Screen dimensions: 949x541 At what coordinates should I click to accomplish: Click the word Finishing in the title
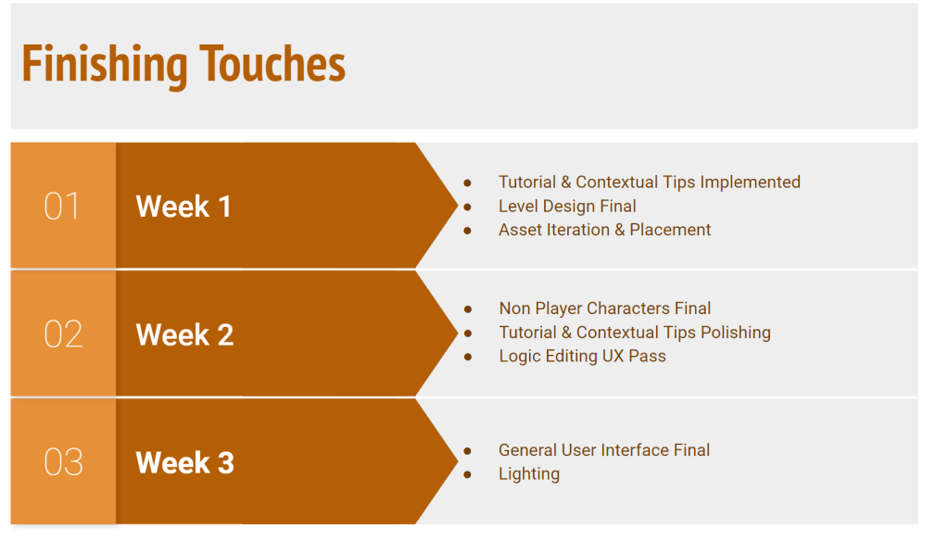pyautogui.click(x=105, y=65)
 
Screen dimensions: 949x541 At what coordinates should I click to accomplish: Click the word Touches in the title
pyautogui.click(x=272, y=64)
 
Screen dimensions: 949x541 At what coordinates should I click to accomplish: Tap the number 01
pyautogui.click(x=62, y=207)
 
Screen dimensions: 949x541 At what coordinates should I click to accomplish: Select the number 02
pyautogui.click(x=63, y=334)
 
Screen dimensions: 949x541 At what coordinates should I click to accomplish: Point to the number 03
pyautogui.click(x=63, y=462)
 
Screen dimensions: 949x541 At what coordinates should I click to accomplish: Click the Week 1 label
pyautogui.click(x=183, y=207)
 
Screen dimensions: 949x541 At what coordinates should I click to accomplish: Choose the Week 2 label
pyautogui.click(x=184, y=334)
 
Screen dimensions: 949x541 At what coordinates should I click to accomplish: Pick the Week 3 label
pyautogui.click(x=184, y=463)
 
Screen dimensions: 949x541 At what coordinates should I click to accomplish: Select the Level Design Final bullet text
pyautogui.click(x=567, y=207)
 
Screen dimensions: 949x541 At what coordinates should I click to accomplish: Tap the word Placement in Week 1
pyautogui.click(x=670, y=230)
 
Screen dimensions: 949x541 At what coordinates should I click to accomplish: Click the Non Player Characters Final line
pyautogui.click(x=604, y=308)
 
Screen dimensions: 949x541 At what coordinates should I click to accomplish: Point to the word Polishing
pyautogui.click(x=735, y=333)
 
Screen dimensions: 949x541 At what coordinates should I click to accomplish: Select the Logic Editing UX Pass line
pyautogui.click(x=582, y=357)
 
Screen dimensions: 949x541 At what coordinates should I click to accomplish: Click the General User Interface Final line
pyautogui.click(x=604, y=450)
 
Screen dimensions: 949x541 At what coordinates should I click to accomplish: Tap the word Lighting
pyautogui.click(x=529, y=473)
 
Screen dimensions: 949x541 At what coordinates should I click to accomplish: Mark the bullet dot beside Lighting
pyautogui.click(x=467, y=474)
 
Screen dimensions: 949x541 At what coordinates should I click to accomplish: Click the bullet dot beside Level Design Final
pyautogui.click(x=467, y=207)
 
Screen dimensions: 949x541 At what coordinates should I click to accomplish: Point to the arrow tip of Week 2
pyautogui.click(x=458, y=333)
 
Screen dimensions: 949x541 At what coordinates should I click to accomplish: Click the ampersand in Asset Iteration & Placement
pyautogui.click(x=619, y=230)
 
